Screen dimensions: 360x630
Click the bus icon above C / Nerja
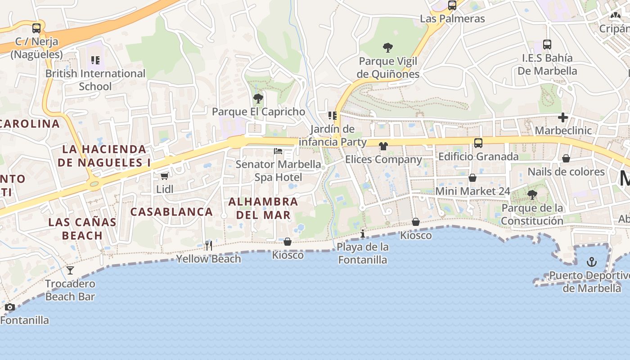pos(36,28)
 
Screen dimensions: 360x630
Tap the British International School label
pos(95,80)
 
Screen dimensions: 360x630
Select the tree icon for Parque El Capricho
pos(258,98)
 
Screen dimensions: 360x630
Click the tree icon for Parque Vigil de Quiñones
pos(387,47)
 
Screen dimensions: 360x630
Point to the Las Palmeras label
pos(452,18)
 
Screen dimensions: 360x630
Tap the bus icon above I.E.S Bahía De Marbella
pos(547,45)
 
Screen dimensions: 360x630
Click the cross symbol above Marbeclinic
pos(562,117)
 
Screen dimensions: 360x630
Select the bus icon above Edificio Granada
pos(478,143)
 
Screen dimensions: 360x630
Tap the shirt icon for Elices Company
pos(383,146)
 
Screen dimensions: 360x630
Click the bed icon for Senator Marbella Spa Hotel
pos(278,151)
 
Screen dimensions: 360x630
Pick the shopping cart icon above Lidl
pos(165,176)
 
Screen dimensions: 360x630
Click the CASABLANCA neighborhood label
pos(171,211)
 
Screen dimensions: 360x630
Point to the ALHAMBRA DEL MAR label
pos(263,208)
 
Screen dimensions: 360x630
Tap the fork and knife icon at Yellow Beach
pos(208,245)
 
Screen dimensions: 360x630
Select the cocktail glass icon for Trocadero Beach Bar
pos(70,270)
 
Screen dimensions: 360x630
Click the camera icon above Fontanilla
pos(10,307)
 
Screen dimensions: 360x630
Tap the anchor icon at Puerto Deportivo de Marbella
pos(592,262)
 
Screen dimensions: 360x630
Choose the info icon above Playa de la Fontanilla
pos(362,234)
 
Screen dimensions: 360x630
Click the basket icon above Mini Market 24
pos(472,178)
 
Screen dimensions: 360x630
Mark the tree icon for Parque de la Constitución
pos(532,195)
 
